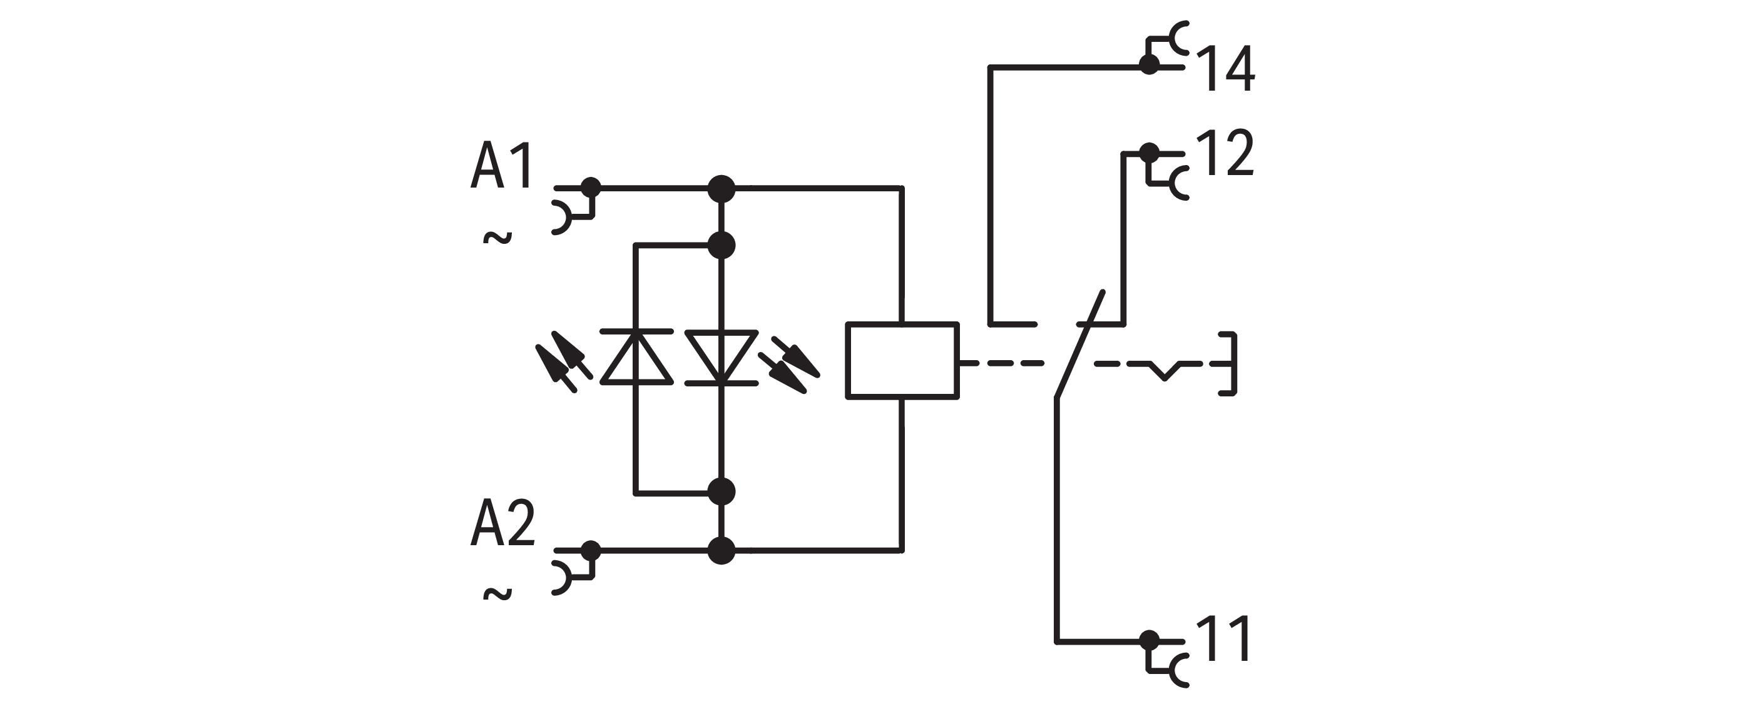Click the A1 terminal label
502,166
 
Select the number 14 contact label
1226,69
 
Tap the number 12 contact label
1225,155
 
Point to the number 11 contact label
1223,640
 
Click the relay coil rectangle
902,360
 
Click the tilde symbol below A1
497,238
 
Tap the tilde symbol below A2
497,594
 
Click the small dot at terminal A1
591,186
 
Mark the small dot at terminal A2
591,550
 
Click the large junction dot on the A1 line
721,188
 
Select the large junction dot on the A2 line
721,550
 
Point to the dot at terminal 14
1148,65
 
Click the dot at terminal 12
1148,152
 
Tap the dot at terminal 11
1148,640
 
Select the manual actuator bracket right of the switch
1230,364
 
